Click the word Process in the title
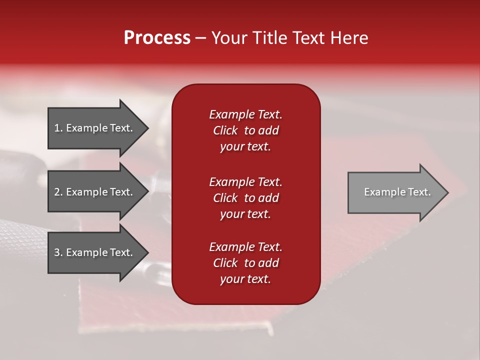pos(157,38)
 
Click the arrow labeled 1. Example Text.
pos(95,128)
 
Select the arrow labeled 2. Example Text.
pos(95,192)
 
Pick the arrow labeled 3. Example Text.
pos(95,252)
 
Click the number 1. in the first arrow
pos(58,128)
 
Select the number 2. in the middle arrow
pos(58,192)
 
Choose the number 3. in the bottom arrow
pos(58,252)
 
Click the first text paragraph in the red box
pos(245,130)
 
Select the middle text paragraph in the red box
pos(245,198)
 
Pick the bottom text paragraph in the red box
pos(245,263)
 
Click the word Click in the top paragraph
pos(225,130)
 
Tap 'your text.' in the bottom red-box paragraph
pos(245,279)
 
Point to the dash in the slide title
pos(200,38)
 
